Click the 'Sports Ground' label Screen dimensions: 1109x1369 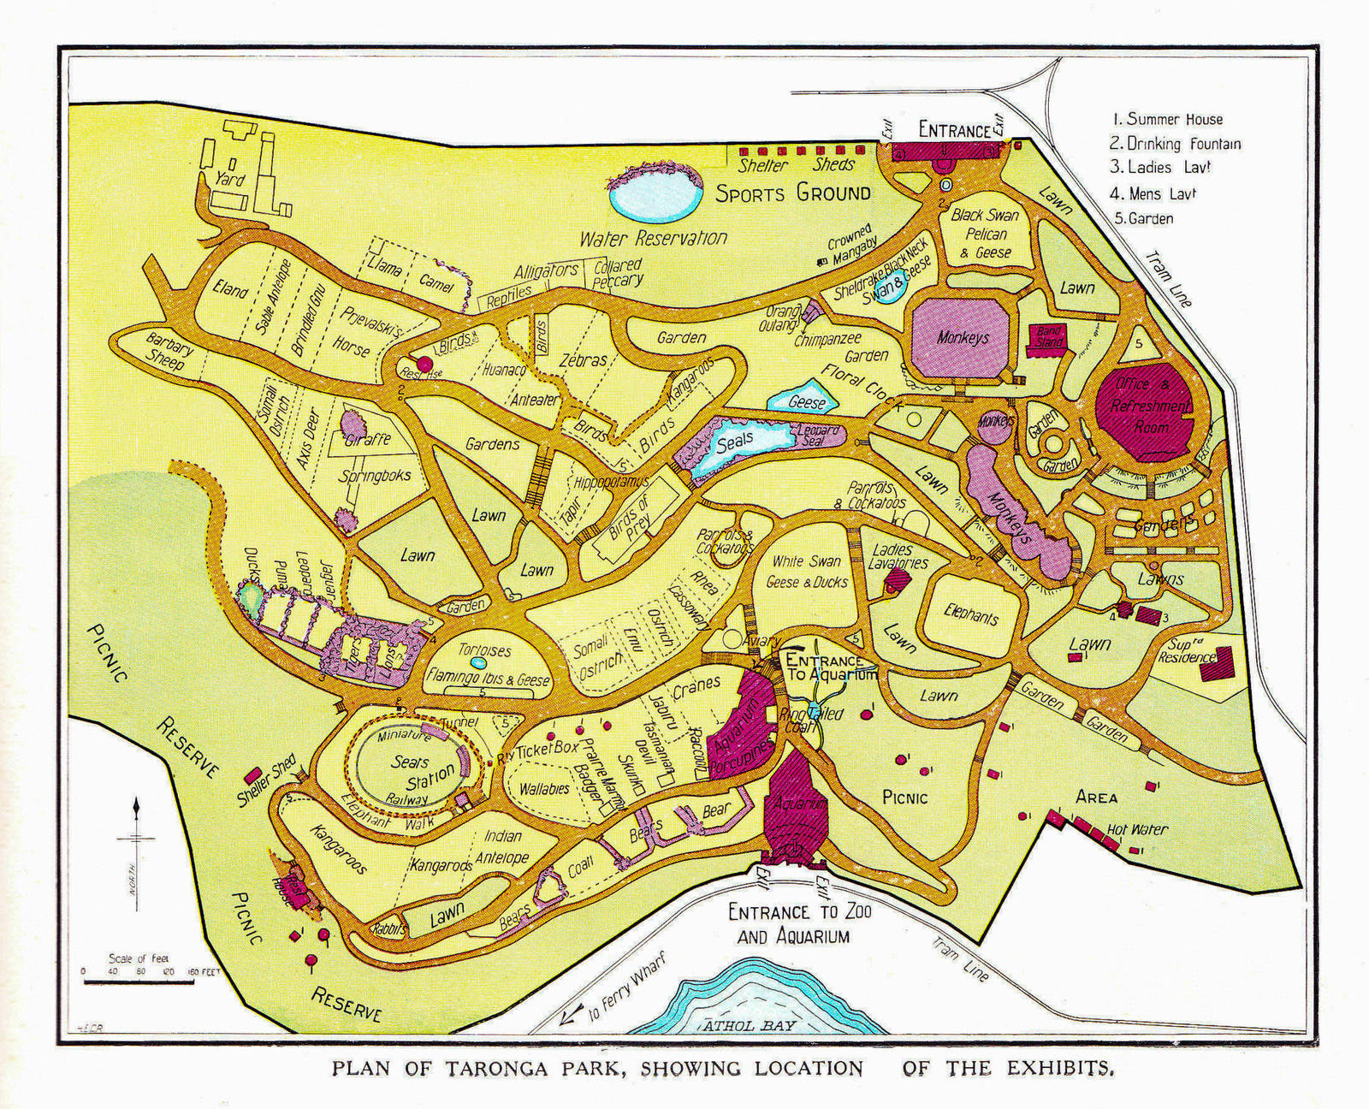pos(793,193)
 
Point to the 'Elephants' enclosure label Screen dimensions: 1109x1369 pos(971,614)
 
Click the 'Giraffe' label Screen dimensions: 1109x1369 pos(368,440)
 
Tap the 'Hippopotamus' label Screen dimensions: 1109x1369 pos(608,481)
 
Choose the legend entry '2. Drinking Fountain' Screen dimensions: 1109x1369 pos(1175,144)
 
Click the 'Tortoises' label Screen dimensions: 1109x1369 pos(484,650)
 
